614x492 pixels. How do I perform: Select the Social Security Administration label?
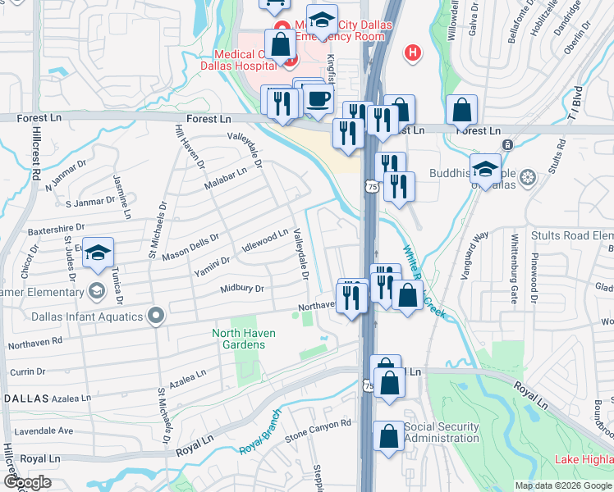point(442,432)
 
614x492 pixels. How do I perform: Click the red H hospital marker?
point(413,52)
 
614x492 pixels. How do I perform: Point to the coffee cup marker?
point(318,99)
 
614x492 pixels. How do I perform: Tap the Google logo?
point(26,482)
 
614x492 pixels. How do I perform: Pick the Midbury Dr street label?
point(241,289)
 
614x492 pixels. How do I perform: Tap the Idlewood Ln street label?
point(265,240)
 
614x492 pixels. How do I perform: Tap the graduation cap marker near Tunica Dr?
point(98,253)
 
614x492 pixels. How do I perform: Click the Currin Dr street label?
point(28,371)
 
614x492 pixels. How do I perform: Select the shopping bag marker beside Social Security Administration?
point(388,437)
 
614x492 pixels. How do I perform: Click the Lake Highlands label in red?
point(584,459)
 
